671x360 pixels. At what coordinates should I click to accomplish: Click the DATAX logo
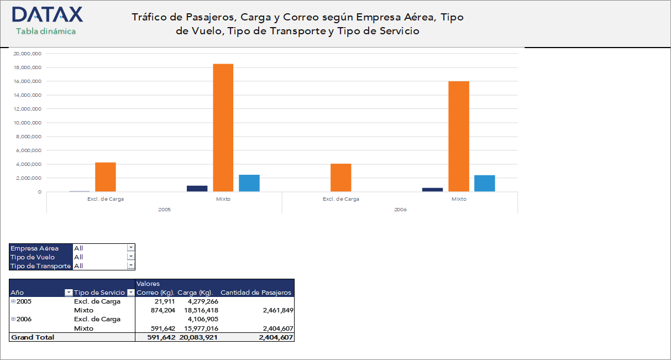point(47,15)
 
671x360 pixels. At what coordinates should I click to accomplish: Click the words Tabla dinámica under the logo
point(46,32)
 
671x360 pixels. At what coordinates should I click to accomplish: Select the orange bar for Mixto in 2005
point(223,128)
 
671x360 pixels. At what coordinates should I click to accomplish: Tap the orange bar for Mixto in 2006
point(458,136)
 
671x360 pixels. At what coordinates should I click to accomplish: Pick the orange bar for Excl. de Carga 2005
point(105,177)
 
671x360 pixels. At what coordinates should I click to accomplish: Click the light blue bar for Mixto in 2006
point(484,183)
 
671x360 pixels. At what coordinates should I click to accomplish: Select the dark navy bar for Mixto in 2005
point(197,189)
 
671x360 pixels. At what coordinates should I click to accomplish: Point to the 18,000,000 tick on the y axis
point(28,67)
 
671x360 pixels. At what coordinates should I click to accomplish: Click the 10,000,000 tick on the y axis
point(28,123)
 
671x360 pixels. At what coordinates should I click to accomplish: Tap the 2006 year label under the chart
point(400,210)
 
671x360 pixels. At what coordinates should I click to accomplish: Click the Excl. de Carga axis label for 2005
point(105,199)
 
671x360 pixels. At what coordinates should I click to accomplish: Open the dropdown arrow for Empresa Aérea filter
point(131,248)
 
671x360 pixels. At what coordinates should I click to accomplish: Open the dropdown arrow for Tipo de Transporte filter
point(131,266)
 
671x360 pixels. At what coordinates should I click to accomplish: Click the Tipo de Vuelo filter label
point(33,257)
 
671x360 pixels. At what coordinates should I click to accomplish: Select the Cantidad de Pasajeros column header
point(255,293)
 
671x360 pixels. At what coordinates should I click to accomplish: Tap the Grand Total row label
point(33,337)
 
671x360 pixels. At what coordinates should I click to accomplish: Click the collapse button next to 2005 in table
point(13,301)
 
